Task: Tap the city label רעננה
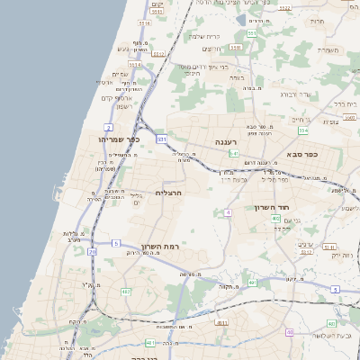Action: (224, 142)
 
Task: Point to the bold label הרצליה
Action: (169, 193)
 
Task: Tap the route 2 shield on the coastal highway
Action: (109, 128)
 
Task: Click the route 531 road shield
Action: (161, 139)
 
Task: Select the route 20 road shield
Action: (92, 252)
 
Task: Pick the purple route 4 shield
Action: (229, 212)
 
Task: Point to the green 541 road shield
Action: (234, 154)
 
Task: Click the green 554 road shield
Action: (303, 130)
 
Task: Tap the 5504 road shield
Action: (307, 252)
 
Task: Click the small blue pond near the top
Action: (241, 19)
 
